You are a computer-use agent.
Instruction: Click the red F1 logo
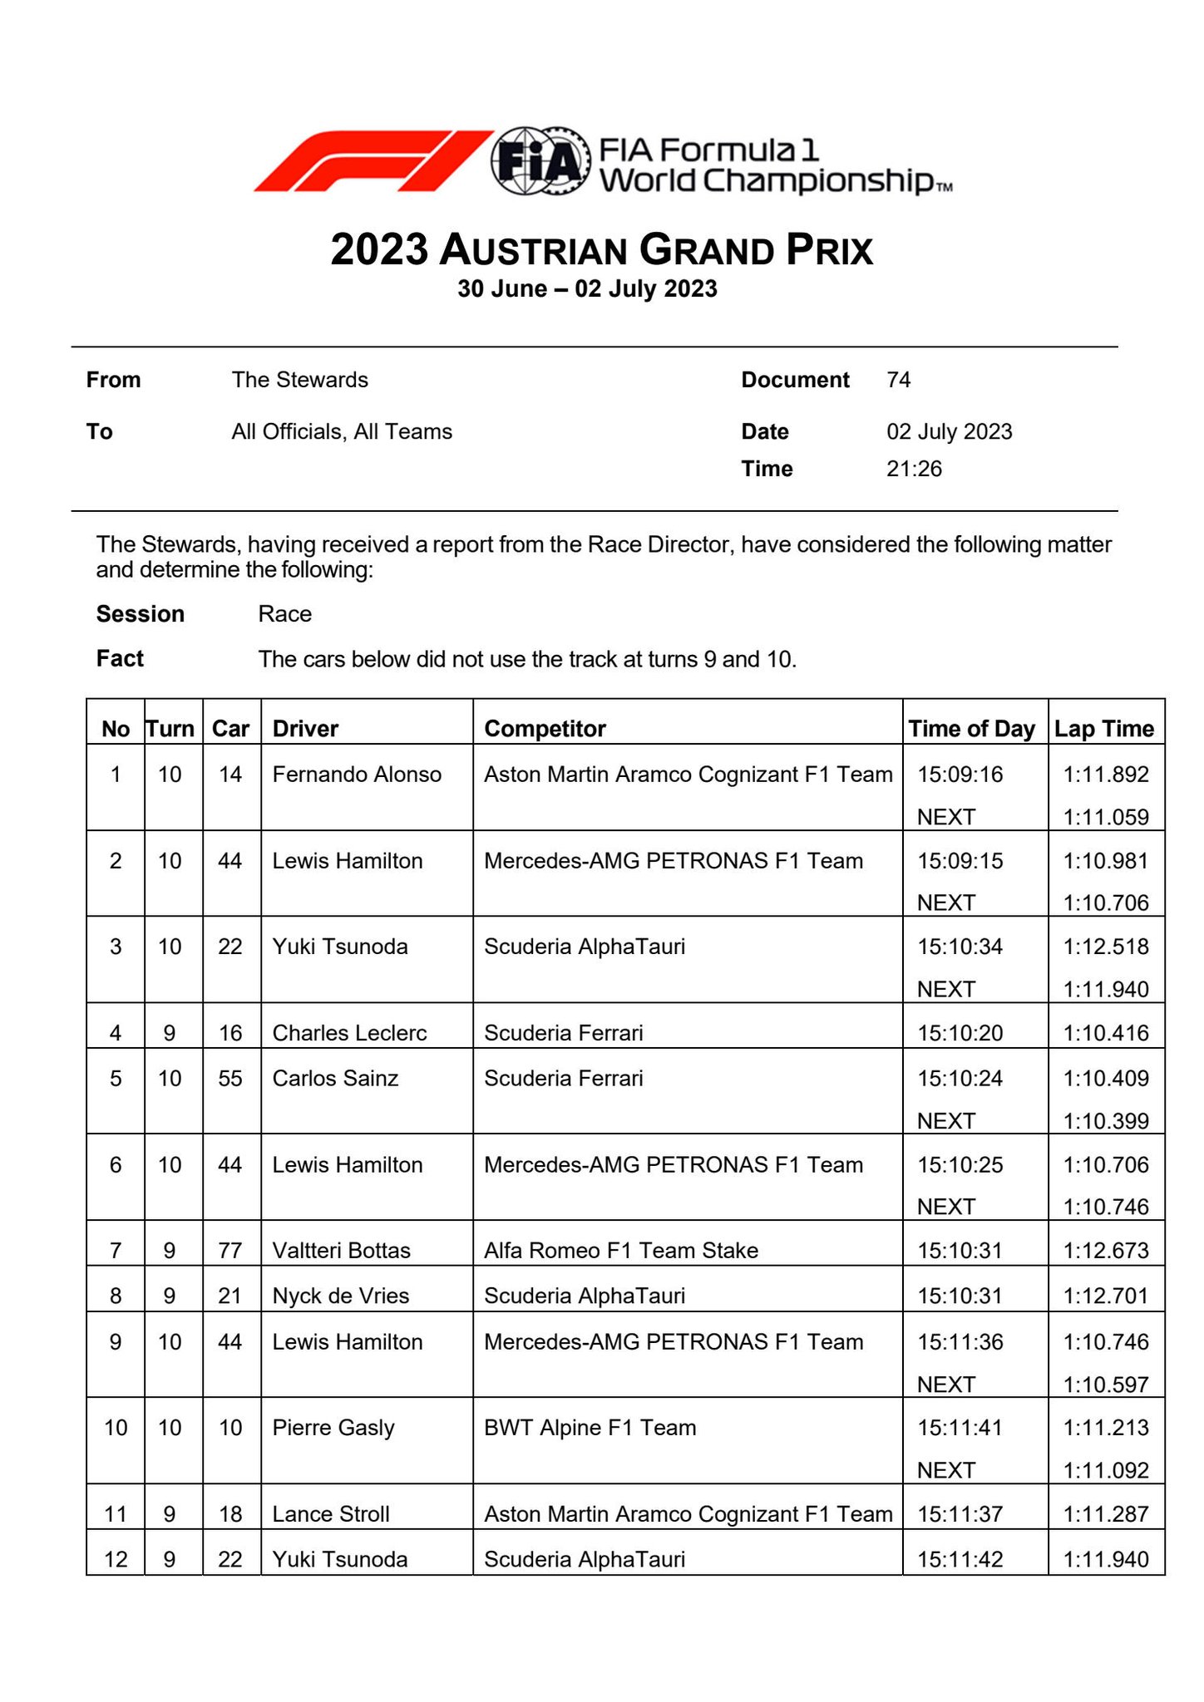(x=372, y=160)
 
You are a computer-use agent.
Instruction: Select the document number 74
(x=899, y=380)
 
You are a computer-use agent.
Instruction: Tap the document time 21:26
(x=914, y=469)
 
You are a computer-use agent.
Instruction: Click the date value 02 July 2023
(x=949, y=431)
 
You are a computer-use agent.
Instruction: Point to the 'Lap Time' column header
(x=1104, y=729)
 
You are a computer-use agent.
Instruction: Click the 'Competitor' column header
(x=545, y=729)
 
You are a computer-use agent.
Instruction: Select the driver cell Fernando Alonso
(x=357, y=775)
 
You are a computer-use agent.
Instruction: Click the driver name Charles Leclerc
(x=349, y=1033)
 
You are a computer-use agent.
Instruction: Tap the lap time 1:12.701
(x=1106, y=1296)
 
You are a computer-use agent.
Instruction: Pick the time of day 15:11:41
(x=960, y=1428)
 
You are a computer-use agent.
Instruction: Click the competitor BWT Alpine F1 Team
(x=590, y=1428)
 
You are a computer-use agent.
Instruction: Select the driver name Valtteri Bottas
(x=341, y=1251)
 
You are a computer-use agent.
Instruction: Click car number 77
(x=230, y=1251)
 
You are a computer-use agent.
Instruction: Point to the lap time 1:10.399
(x=1106, y=1121)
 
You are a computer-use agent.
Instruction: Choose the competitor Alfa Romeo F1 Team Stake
(x=620, y=1251)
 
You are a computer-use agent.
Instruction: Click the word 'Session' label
(x=140, y=614)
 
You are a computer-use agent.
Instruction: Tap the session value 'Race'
(x=284, y=614)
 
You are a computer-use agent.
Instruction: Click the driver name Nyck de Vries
(x=340, y=1296)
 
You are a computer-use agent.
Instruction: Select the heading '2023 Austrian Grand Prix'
(x=601, y=250)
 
